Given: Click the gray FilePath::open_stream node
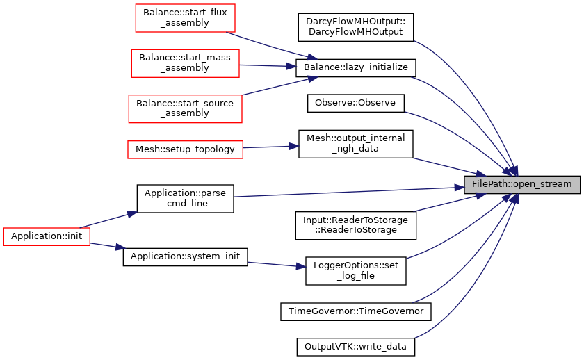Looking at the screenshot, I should (x=521, y=185).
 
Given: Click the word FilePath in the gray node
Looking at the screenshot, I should (x=489, y=185).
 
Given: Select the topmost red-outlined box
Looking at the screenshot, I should (x=185, y=18).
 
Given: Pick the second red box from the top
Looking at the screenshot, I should (x=185, y=63).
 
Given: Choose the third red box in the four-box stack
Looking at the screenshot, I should (x=185, y=109).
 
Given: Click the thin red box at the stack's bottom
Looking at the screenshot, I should (x=185, y=149).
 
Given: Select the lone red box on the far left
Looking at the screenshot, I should (x=47, y=236).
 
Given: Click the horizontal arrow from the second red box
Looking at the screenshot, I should (x=268, y=65).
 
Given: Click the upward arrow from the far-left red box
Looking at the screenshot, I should (x=108, y=220).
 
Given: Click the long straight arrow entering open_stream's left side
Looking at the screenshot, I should (x=348, y=192).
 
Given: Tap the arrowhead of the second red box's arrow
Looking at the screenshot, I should (x=292, y=66).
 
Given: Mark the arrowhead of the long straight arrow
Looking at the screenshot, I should (x=459, y=187).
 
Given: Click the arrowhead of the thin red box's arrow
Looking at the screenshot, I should (x=295, y=146).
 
